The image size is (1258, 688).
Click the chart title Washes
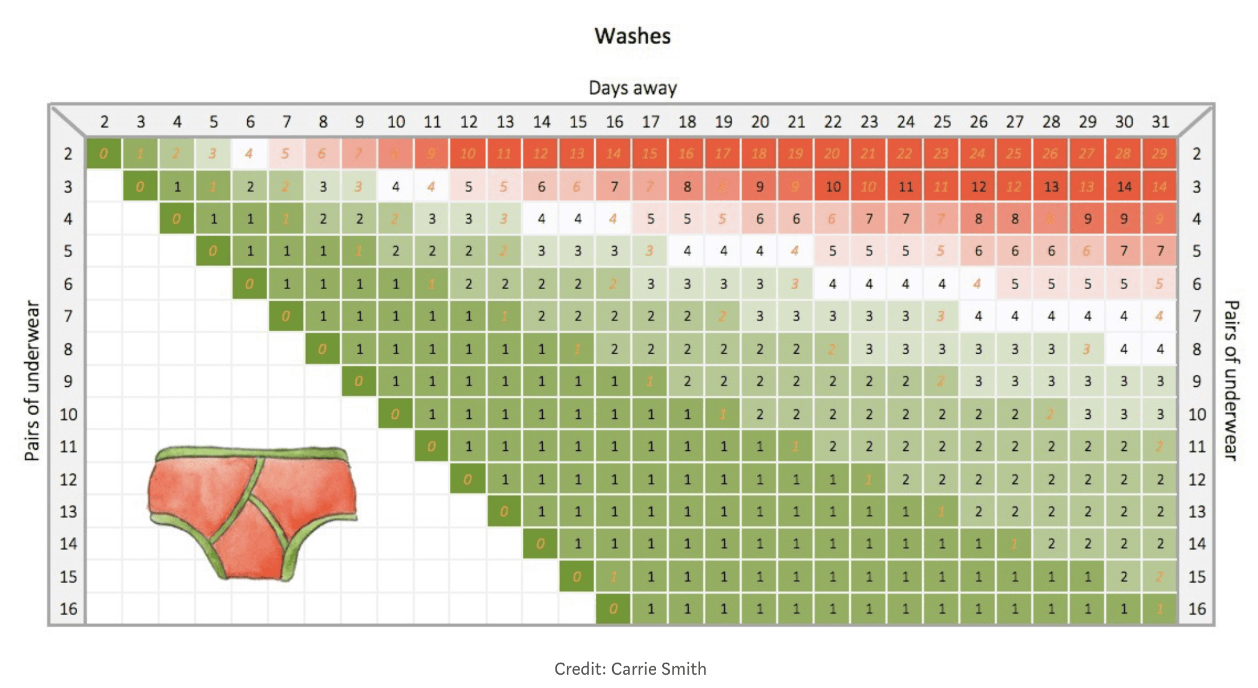tap(632, 36)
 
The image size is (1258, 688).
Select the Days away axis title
tap(632, 88)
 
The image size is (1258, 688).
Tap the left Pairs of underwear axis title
tap(32, 381)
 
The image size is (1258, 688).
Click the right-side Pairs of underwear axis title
tap(1231, 381)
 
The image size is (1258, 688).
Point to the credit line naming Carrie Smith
tap(630, 669)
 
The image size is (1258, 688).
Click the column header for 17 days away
tap(650, 122)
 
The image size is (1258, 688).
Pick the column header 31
tap(1160, 122)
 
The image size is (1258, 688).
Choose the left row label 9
tap(68, 381)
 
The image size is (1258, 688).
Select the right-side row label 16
tap(1196, 609)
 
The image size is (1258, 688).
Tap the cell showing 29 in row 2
tap(1158, 154)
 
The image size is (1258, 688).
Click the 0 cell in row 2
tap(104, 154)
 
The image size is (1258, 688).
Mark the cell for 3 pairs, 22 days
tap(833, 186)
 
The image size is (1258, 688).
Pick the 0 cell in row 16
tap(613, 609)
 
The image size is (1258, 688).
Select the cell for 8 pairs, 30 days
tap(1124, 349)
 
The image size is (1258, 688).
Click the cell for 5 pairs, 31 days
tap(1160, 251)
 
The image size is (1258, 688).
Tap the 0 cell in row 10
tap(395, 415)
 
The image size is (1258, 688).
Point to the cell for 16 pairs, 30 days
tap(1124, 609)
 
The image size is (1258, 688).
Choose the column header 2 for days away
tap(104, 122)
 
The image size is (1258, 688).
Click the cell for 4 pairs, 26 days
tap(978, 219)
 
